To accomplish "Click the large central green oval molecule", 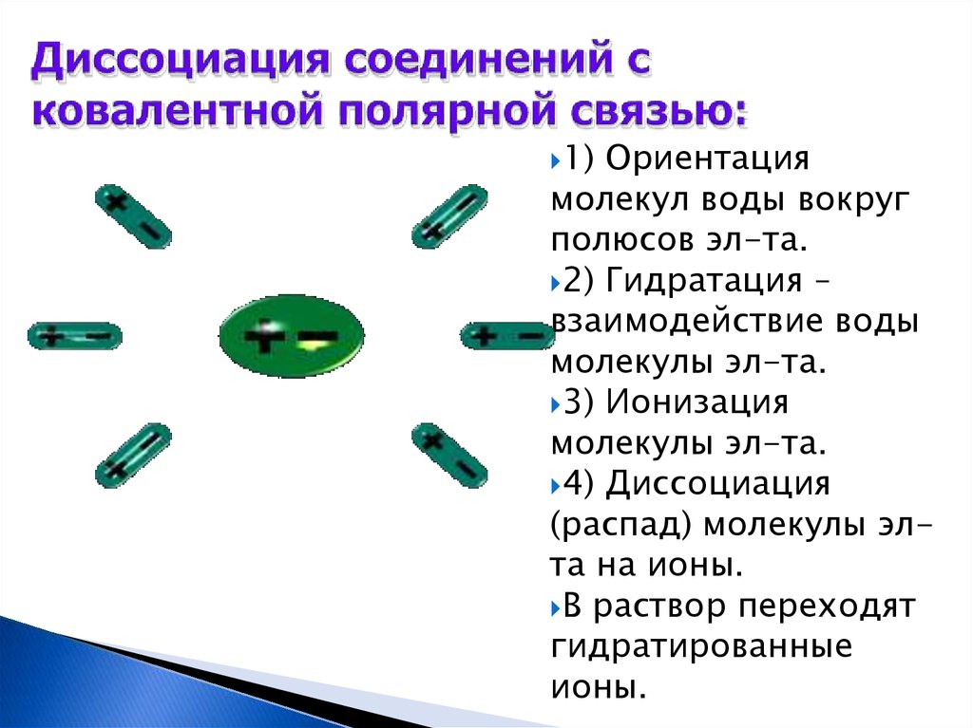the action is [292, 335].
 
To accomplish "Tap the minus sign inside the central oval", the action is [318, 337].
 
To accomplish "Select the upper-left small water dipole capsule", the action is [133, 216].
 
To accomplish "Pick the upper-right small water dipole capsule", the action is [449, 216].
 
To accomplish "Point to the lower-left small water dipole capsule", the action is [133, 456].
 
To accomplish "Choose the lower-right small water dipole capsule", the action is [449, 456].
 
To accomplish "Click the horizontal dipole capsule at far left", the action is [75, 336].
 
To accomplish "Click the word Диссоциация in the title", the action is [180, 61].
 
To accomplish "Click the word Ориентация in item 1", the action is [707, 159].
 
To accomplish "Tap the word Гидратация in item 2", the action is [704, 280].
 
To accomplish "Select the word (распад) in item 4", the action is [621, 526].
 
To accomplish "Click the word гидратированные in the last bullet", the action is [702, 647].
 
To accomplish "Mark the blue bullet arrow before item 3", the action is [555, 404].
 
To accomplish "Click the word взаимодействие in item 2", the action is [688, 321].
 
